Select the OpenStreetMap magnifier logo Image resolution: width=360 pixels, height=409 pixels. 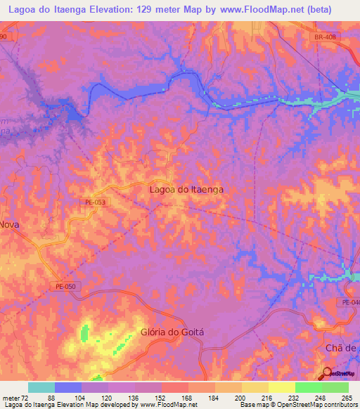(327, 372)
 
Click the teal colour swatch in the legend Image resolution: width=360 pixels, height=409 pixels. (41, 387)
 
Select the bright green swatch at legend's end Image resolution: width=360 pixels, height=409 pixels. (335, 387)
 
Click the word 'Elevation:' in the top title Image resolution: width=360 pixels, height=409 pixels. (120, 9)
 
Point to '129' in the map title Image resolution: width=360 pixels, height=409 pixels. (160, 9)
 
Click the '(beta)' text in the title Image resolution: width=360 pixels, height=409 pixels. (333, 9)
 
